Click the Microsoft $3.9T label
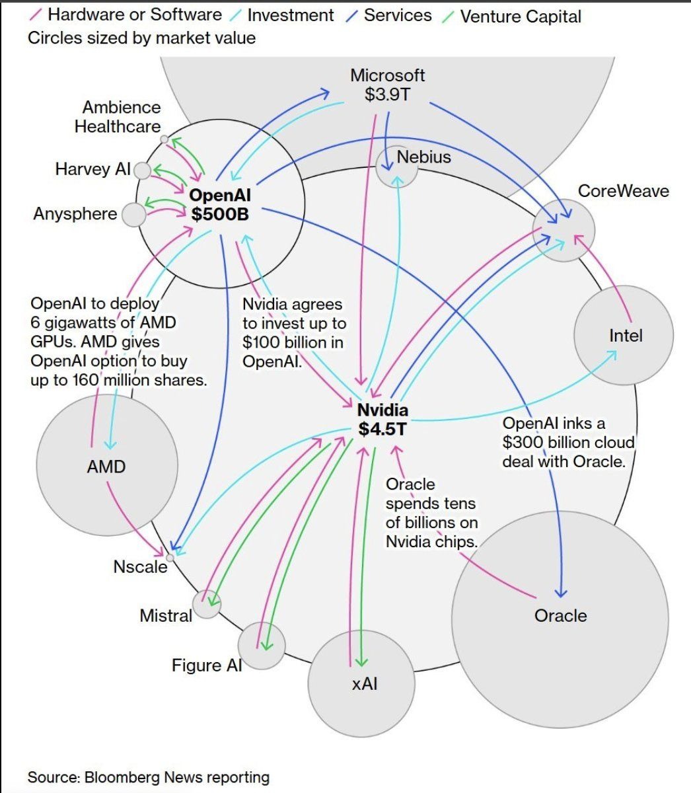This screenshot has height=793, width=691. (x=387, y=85)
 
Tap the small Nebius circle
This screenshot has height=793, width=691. (x=397, y=166)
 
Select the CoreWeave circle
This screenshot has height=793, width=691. (x=564, y=231)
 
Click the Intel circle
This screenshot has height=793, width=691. (x=623, y=335)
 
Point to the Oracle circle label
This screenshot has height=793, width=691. (x=560, y=616)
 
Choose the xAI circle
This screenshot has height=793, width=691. (x=362, y=683)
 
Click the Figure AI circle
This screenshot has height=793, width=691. (x=262, y=646)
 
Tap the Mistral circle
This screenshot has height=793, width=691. (x=207, y=604)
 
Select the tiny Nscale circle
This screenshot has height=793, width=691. (x=170, y=558)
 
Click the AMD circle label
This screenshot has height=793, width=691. (x=106, y=467)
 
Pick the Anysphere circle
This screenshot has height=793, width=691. (x=134, y=215)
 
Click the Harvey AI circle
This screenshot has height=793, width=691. (x=142, y=171)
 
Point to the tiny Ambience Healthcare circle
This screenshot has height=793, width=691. (x=164, y=139)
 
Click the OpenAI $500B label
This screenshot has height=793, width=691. (x=220, y=204)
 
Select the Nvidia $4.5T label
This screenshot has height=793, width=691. (x=382, y=420)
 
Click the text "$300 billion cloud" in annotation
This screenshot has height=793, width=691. (x=568, y=442)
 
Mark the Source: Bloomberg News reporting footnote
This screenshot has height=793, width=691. (x=148, y=777)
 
